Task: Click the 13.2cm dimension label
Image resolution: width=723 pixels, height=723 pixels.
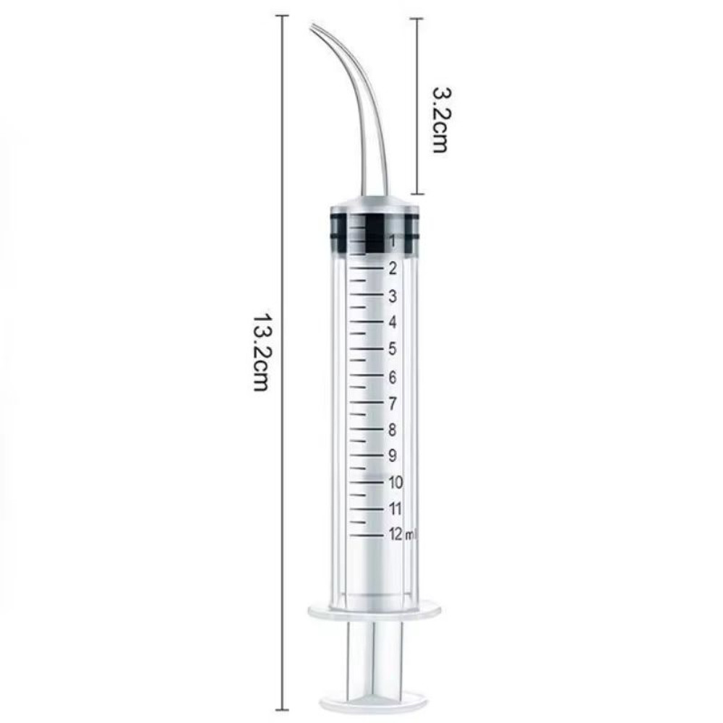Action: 261,353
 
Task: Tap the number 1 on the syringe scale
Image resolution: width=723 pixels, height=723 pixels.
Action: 391,240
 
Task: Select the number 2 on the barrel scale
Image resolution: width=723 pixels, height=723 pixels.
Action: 392,268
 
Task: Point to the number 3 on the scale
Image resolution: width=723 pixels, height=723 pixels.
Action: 392,296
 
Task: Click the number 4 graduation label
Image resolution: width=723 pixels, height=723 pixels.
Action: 392,322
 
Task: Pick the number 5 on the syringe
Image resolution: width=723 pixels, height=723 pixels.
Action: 392,349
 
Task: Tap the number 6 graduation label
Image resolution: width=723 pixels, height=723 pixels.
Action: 392,377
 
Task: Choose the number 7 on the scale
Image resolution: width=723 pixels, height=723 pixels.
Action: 392,403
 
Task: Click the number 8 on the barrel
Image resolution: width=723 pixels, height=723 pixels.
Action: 392,429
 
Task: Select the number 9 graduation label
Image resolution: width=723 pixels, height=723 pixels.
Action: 392,455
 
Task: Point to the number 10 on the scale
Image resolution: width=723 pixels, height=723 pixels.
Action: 395,482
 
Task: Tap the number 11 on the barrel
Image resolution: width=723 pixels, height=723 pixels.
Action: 395,508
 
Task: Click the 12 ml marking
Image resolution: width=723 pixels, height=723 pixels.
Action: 400,534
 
